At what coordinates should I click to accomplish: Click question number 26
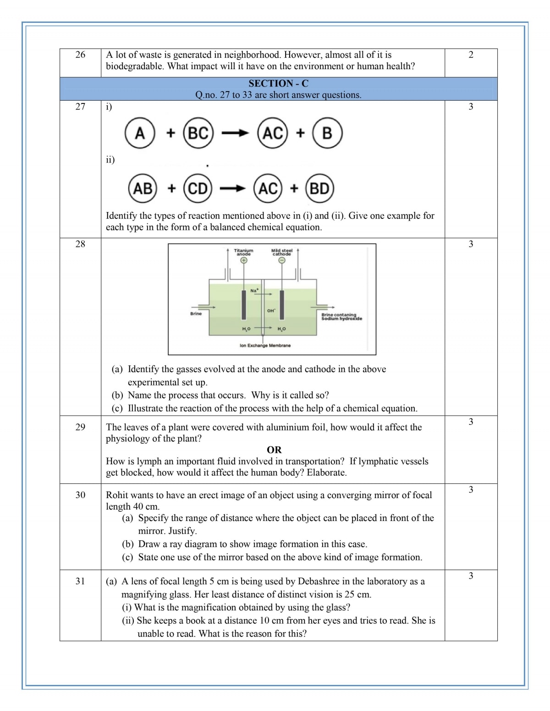(x=80, y=55)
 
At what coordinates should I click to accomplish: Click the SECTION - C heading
(x=278, y=83)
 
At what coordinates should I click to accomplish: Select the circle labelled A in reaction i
(x=140, y=133)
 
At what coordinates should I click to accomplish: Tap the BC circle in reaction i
(x=198, y=133)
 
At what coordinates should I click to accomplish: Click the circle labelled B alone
(x=327, y=133)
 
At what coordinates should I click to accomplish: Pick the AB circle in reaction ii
(x=143, y=188)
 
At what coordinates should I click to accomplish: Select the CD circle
(x=198, y=188)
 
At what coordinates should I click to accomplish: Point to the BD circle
(x=319, y=188)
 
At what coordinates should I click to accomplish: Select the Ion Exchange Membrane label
(x=265, y=346)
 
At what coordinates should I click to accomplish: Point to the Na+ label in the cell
(x=254, y=290)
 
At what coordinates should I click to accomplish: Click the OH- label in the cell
(x=271, y=311)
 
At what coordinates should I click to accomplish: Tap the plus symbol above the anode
(x=244, y=260)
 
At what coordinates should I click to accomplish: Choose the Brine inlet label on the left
(x=196, y=314)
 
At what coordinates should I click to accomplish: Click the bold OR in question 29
(x=274, y=450)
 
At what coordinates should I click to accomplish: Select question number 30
(x=80, y=495)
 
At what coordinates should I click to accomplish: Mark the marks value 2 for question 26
(x=471, y=55)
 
